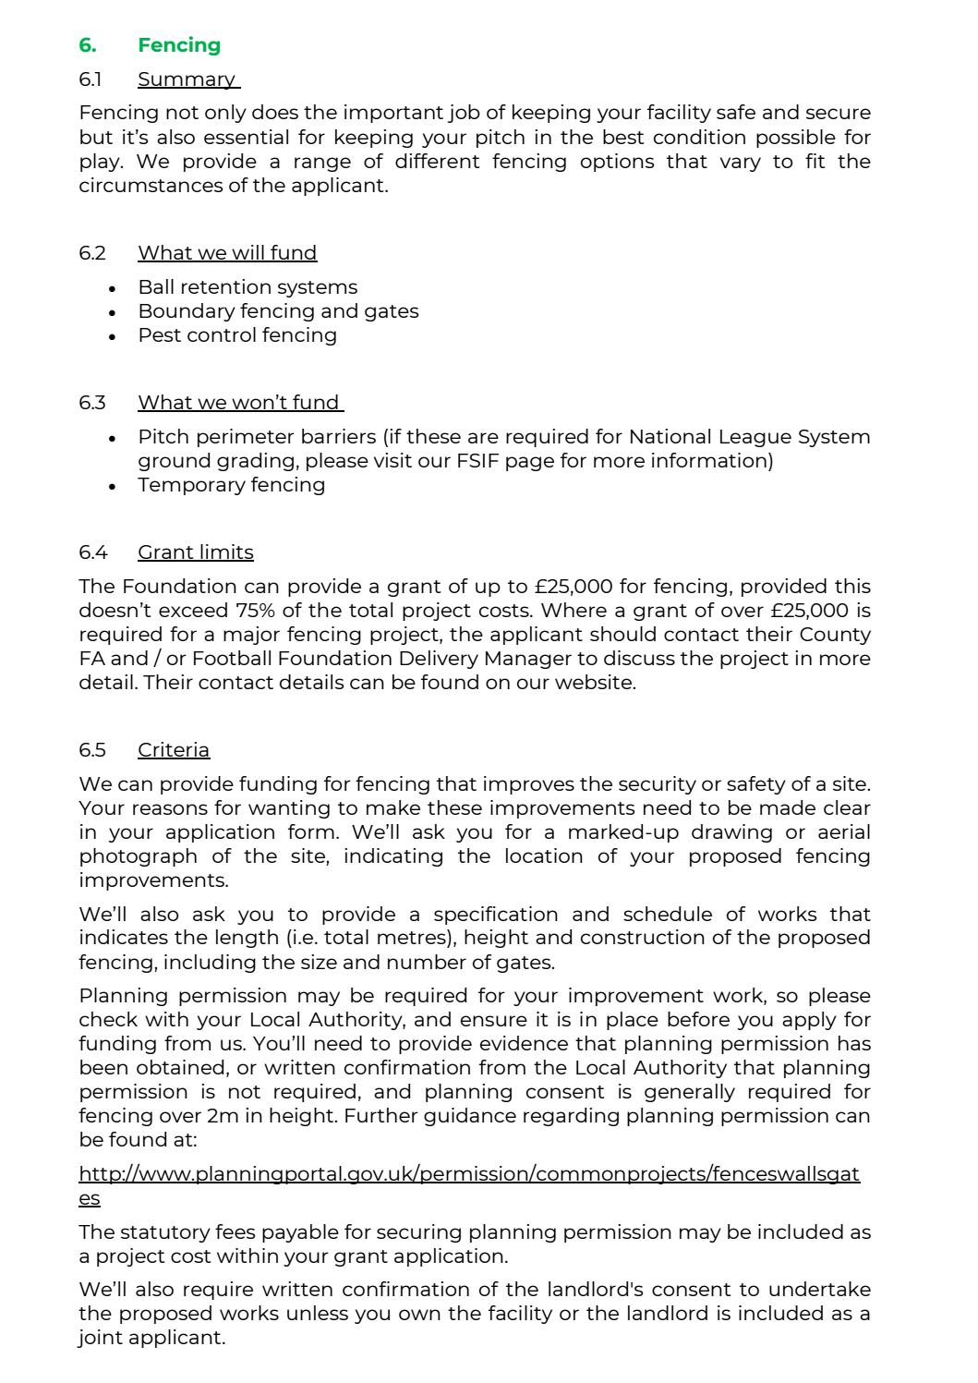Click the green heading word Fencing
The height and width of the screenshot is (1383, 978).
(179, 45)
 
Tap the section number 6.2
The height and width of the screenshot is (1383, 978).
(92, 253)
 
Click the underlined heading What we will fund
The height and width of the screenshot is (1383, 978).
(227, 253)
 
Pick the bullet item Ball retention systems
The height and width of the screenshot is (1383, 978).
(248, 287)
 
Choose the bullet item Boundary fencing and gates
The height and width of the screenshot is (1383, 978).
(278, 311)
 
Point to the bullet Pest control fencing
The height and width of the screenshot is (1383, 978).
(237, 335)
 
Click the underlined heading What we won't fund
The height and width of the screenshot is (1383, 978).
(240, 403)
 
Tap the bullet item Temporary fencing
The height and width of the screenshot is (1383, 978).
(232, 485)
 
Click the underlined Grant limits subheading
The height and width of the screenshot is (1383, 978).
(196, 552)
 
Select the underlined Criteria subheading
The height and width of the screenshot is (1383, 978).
(174, 750)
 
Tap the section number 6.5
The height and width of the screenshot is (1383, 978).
(92, 750)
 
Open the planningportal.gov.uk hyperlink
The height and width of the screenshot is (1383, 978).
(469, 1174)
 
